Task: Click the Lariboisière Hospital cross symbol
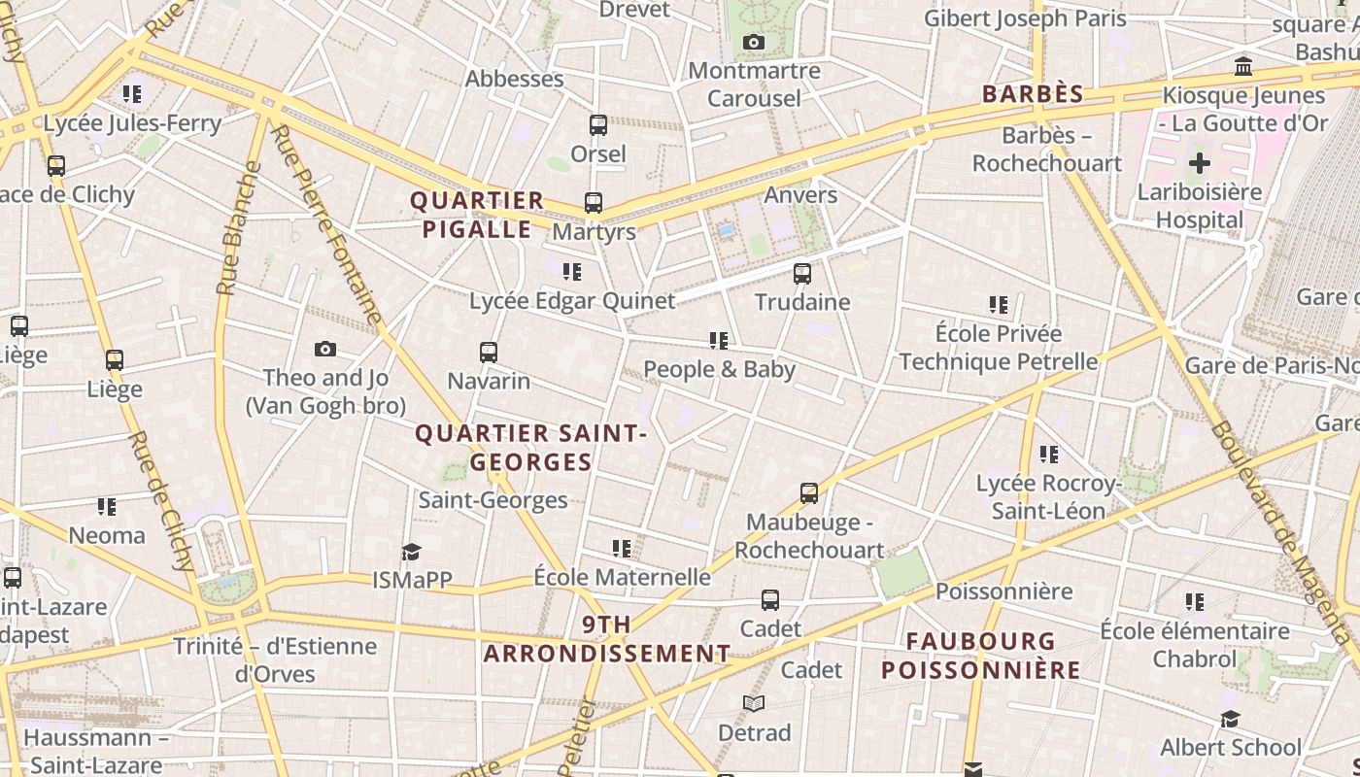click(x=1200, y=162)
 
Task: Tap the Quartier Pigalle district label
click(x=476, y=215)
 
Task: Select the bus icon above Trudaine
click(x=802, y=274)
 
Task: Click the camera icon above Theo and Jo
click(x=325, y=349)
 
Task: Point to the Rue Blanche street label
click(x=239, y=229)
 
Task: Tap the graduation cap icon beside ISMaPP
click(x=411, y=552)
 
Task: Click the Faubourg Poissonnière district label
click(x=980, y=656)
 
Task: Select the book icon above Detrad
click(x=754, y=703)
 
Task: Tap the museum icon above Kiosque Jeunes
click(x=1242, y=67)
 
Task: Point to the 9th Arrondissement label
click(x=607, y=639)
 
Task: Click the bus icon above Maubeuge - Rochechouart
click(x=809, y=493)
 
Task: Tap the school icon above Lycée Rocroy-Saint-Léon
click(x=1048, y=454)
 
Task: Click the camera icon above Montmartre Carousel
click(x=753, y=42)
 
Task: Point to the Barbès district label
click(x=1033, y=94)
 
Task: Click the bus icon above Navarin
click(x=489, y=352)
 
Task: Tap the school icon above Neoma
click(x=107, y=506)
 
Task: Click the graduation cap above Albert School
click(x=1230, y=719)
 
